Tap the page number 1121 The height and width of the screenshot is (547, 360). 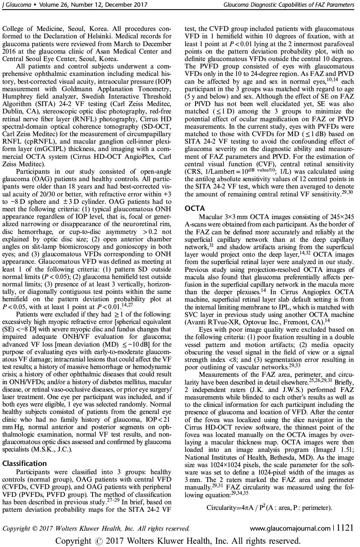345,528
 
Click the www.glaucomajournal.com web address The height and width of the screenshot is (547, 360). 290,528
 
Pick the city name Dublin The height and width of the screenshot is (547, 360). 13,111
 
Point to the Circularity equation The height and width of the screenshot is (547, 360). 269,508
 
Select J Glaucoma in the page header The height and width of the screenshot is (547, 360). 15,5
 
